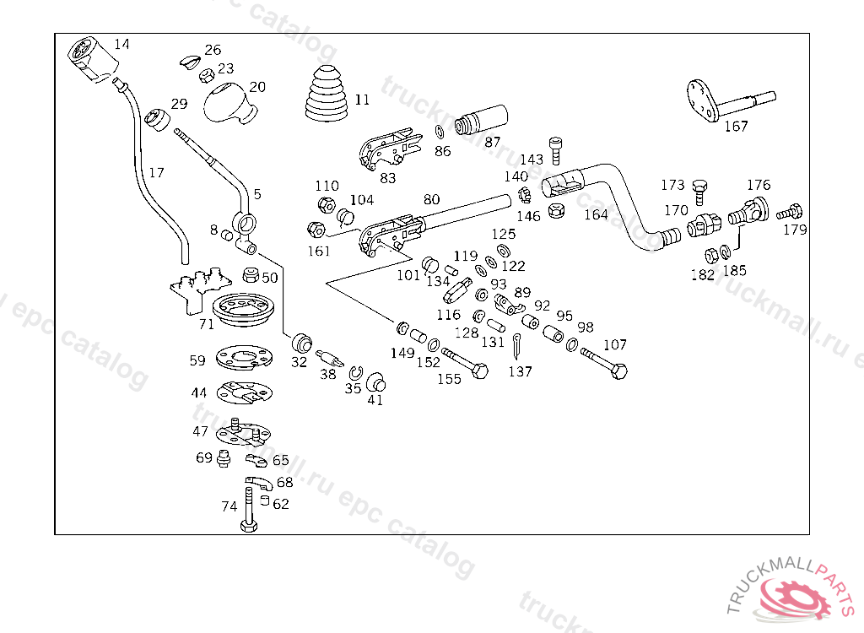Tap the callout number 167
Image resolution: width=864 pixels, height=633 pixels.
point(736,127)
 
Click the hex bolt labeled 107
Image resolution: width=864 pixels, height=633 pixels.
point(604,360)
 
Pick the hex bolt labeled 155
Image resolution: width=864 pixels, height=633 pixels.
point(465,361)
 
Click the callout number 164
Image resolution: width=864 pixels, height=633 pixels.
point(596,214)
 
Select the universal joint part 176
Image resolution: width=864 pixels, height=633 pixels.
point(748,209)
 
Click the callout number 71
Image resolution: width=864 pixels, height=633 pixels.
point(207,324)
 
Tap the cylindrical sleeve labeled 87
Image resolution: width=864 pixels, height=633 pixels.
point(480,120)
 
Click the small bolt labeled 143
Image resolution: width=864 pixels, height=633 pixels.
point(554,149)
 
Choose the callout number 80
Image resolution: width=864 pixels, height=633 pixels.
point(431,200)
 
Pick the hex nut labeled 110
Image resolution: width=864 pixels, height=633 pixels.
point(326,204)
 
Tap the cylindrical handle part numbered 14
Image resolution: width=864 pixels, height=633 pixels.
point(91,59)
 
